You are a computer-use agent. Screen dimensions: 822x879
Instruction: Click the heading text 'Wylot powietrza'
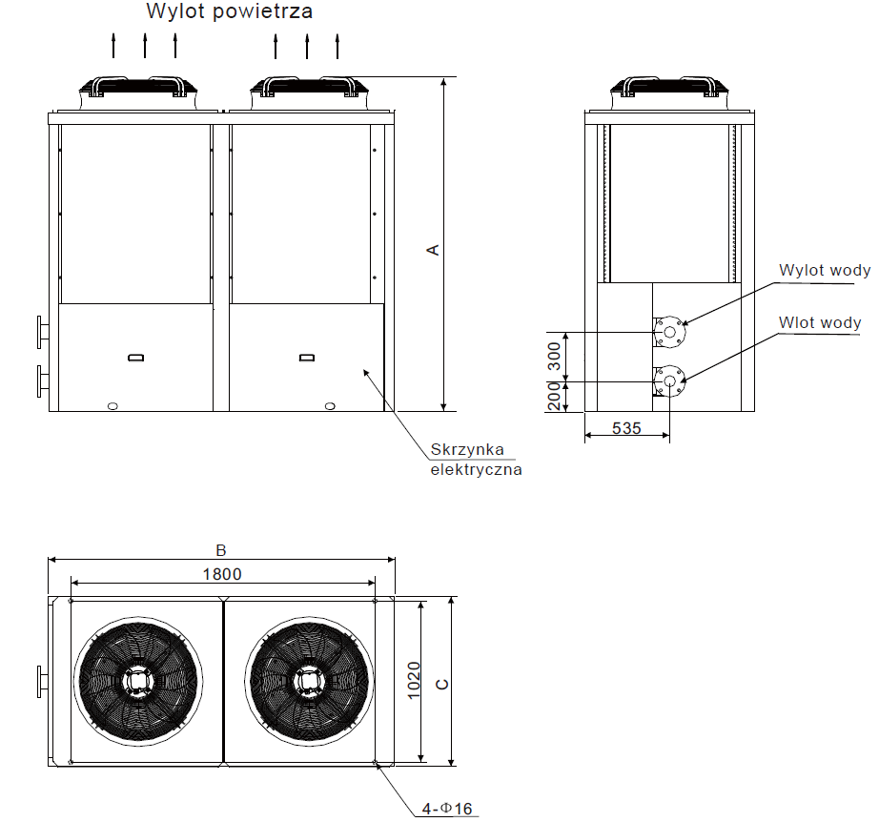229,12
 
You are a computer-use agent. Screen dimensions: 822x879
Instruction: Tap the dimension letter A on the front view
432,249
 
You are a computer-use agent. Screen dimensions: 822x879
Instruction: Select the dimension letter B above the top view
220,550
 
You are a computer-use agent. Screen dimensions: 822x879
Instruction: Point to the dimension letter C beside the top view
440,684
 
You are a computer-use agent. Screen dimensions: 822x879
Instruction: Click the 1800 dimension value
221,573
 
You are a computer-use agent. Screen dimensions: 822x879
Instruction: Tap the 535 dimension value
625,428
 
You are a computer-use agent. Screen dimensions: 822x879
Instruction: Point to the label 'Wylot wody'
824,270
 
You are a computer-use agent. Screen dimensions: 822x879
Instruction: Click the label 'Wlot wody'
819,322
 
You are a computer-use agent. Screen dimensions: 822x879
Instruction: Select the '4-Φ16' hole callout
447,810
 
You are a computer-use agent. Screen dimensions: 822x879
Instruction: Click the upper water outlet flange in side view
669,332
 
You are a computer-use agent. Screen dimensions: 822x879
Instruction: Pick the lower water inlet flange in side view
669,380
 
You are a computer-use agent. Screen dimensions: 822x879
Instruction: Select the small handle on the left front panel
135,358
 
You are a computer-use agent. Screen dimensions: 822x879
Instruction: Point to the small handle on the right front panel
306,358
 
